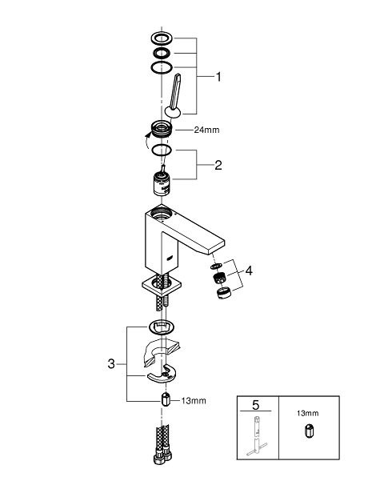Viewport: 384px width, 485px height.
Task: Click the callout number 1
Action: point(218,77)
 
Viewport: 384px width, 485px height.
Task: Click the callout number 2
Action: point(218,165)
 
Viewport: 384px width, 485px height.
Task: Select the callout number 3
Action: point(111,363)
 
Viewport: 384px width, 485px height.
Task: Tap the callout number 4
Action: point(249,271)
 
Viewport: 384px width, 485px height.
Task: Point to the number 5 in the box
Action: point(256,405)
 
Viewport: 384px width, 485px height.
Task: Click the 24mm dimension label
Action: point(207,130)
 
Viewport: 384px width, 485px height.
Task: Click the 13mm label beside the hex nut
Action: point(194,401)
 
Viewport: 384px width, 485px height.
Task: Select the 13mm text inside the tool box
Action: point(308,413)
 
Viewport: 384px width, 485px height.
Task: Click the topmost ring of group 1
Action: point(162,38)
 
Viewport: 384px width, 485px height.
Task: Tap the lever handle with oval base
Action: point(174,97)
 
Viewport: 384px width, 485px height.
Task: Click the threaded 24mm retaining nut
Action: point(161,129)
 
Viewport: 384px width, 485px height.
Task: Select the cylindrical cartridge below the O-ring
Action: point(162,183)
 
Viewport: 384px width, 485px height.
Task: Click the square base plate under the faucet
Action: point(162,285)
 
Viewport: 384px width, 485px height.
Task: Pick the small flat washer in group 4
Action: point(216,266)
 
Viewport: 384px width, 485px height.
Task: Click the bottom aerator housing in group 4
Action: point(222,293)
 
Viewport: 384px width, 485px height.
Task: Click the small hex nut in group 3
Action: point(166,399)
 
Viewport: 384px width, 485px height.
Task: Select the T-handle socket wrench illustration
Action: point(257,436)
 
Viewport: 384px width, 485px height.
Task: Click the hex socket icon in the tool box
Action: point(309,431)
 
